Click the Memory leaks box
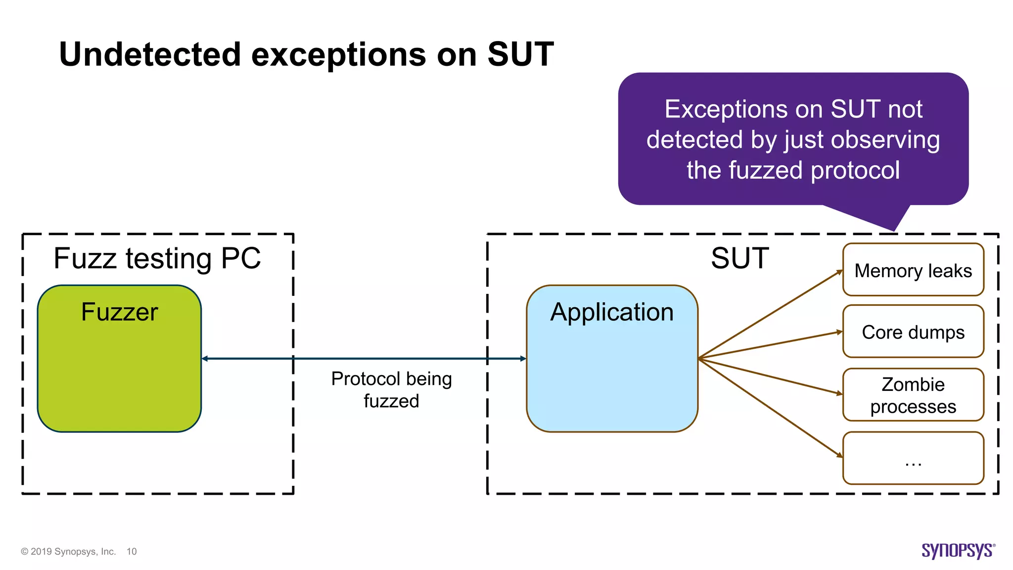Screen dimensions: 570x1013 coord(913,270)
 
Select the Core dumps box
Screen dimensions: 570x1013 coord(913,332)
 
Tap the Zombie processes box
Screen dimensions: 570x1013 coord(913,395)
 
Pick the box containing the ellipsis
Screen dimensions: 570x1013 coord(913,458)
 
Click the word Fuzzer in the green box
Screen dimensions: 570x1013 coord(119,312)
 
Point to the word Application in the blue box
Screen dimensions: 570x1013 coord(612,312)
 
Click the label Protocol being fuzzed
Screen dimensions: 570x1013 coord(391,389)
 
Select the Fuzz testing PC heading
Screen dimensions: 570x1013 coord(157,258)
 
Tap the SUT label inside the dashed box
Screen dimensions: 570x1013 coord(739,258)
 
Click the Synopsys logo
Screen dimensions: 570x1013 coord(958,550)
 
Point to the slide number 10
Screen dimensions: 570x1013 coord(132,552)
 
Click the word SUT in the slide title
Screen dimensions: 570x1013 coord(520,54)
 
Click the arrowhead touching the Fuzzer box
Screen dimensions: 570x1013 coord(205,359)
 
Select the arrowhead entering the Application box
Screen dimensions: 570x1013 coord(523,359)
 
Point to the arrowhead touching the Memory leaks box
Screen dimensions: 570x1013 coord(839,272)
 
